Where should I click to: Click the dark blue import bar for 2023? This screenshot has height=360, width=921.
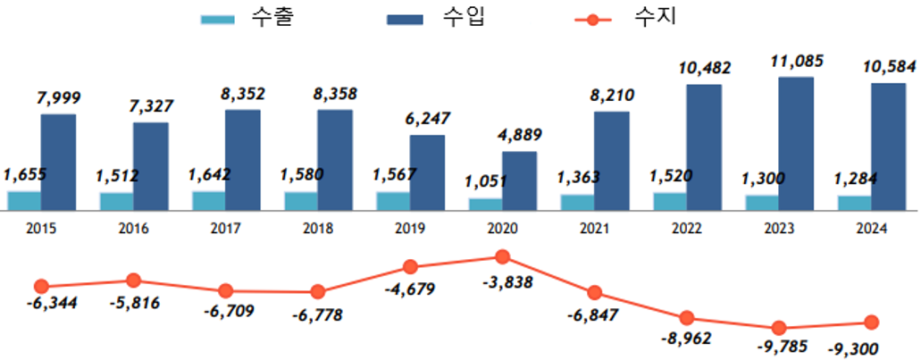pyautogui.click(x=796, y=143)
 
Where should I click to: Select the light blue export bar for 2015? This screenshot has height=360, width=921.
pyautogui.click(x=24, y=201)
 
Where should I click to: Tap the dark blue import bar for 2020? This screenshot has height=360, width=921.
pyautogui.click(x=519, y=180)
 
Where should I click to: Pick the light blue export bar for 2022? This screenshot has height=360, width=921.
pyautogui.click(x=670, y=201)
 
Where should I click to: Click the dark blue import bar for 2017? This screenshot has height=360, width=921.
pyautogui.click(x=242, y=160)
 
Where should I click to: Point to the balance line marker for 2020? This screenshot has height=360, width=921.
pyautogui.click(x=502, y=257)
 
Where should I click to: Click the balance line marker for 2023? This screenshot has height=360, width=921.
pyautogui.click(x=779, y=328)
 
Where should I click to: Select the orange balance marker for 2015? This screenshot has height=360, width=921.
pyautogui.click(x=41, y=287)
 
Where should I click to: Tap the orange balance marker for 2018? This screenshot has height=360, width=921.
pyautogui.click(x=317, y=291)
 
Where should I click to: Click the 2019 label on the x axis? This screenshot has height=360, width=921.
pyautogui.click(x=410, y=229)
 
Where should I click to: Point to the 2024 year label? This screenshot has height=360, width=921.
pyautogui.click(x=871, y=229)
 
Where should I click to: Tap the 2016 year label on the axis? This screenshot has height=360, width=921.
pyautogui.click(x=133, y=229)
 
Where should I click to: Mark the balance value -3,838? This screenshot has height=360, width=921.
pyautogui.click(x=505, y=283)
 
